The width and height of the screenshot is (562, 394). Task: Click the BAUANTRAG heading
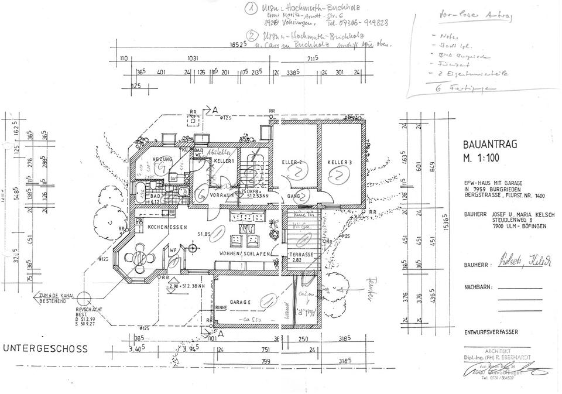point(489,145)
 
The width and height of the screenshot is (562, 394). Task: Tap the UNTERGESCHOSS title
point(46,349)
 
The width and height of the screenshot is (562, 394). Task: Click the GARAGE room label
point(240,302)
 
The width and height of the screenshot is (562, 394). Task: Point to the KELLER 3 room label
point(339,161)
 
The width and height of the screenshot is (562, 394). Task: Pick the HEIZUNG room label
point(162,159)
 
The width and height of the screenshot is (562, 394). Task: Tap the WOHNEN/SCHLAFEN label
point(245,253)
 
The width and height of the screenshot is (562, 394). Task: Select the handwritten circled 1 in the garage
point(267,300)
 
